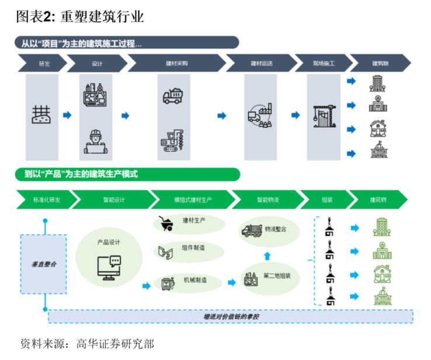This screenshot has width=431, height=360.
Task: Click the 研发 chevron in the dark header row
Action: coord(43,63)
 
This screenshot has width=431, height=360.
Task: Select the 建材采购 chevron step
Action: coord(177,63)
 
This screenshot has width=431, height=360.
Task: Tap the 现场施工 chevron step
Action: coord(324,63)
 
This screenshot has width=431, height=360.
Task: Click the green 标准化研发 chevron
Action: coord(47,200)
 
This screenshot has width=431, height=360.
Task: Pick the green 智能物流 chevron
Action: coord(267,200)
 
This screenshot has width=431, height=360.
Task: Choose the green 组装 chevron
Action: coord(327,200)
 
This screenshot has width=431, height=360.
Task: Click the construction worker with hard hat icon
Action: coord(96,141)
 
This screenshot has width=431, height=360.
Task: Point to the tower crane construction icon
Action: coord(325,116)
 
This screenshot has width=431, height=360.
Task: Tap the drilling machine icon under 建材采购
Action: coord(172,140)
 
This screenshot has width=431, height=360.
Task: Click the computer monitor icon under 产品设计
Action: coord(109,268)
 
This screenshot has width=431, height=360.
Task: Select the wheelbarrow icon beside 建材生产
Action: coord(166,223)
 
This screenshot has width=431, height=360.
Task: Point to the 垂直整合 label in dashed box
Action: coord(44,264)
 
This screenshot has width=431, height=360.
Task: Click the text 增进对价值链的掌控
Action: coord(231,317)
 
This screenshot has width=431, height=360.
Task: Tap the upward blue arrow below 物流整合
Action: coord(267,256)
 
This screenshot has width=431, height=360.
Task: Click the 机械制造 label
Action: coord(195,281)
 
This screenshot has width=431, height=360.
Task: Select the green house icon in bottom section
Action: coord(383,274)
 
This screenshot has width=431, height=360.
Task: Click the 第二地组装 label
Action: coord(277,276)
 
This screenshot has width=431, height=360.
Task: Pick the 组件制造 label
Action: coord(193,248)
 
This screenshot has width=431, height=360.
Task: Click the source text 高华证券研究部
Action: coord(115,344)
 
